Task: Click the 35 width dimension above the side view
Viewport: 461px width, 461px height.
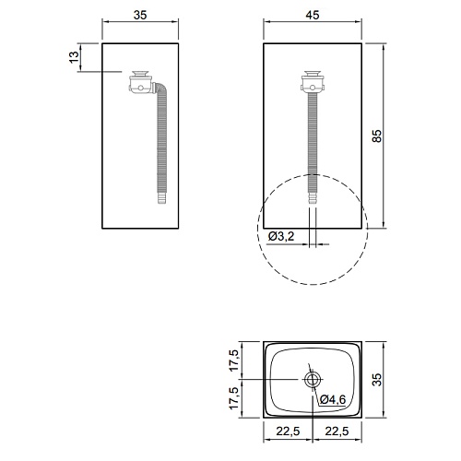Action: click(140, 15)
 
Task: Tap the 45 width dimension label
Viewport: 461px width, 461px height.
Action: click(313, 15)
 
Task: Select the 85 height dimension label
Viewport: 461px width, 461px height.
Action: click(377, 136)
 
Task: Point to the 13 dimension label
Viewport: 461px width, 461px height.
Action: click(74, 57)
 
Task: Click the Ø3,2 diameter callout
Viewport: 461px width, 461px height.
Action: click(281, 236)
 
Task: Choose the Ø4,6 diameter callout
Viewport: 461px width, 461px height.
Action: click(333, 399)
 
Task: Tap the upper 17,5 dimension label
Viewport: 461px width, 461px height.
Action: click(234, 361)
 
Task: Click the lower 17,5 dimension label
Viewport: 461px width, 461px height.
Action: click(234, 398)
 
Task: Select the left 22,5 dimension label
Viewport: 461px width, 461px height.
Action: click(288, 431)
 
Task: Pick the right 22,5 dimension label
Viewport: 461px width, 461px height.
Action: click(337, 431)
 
